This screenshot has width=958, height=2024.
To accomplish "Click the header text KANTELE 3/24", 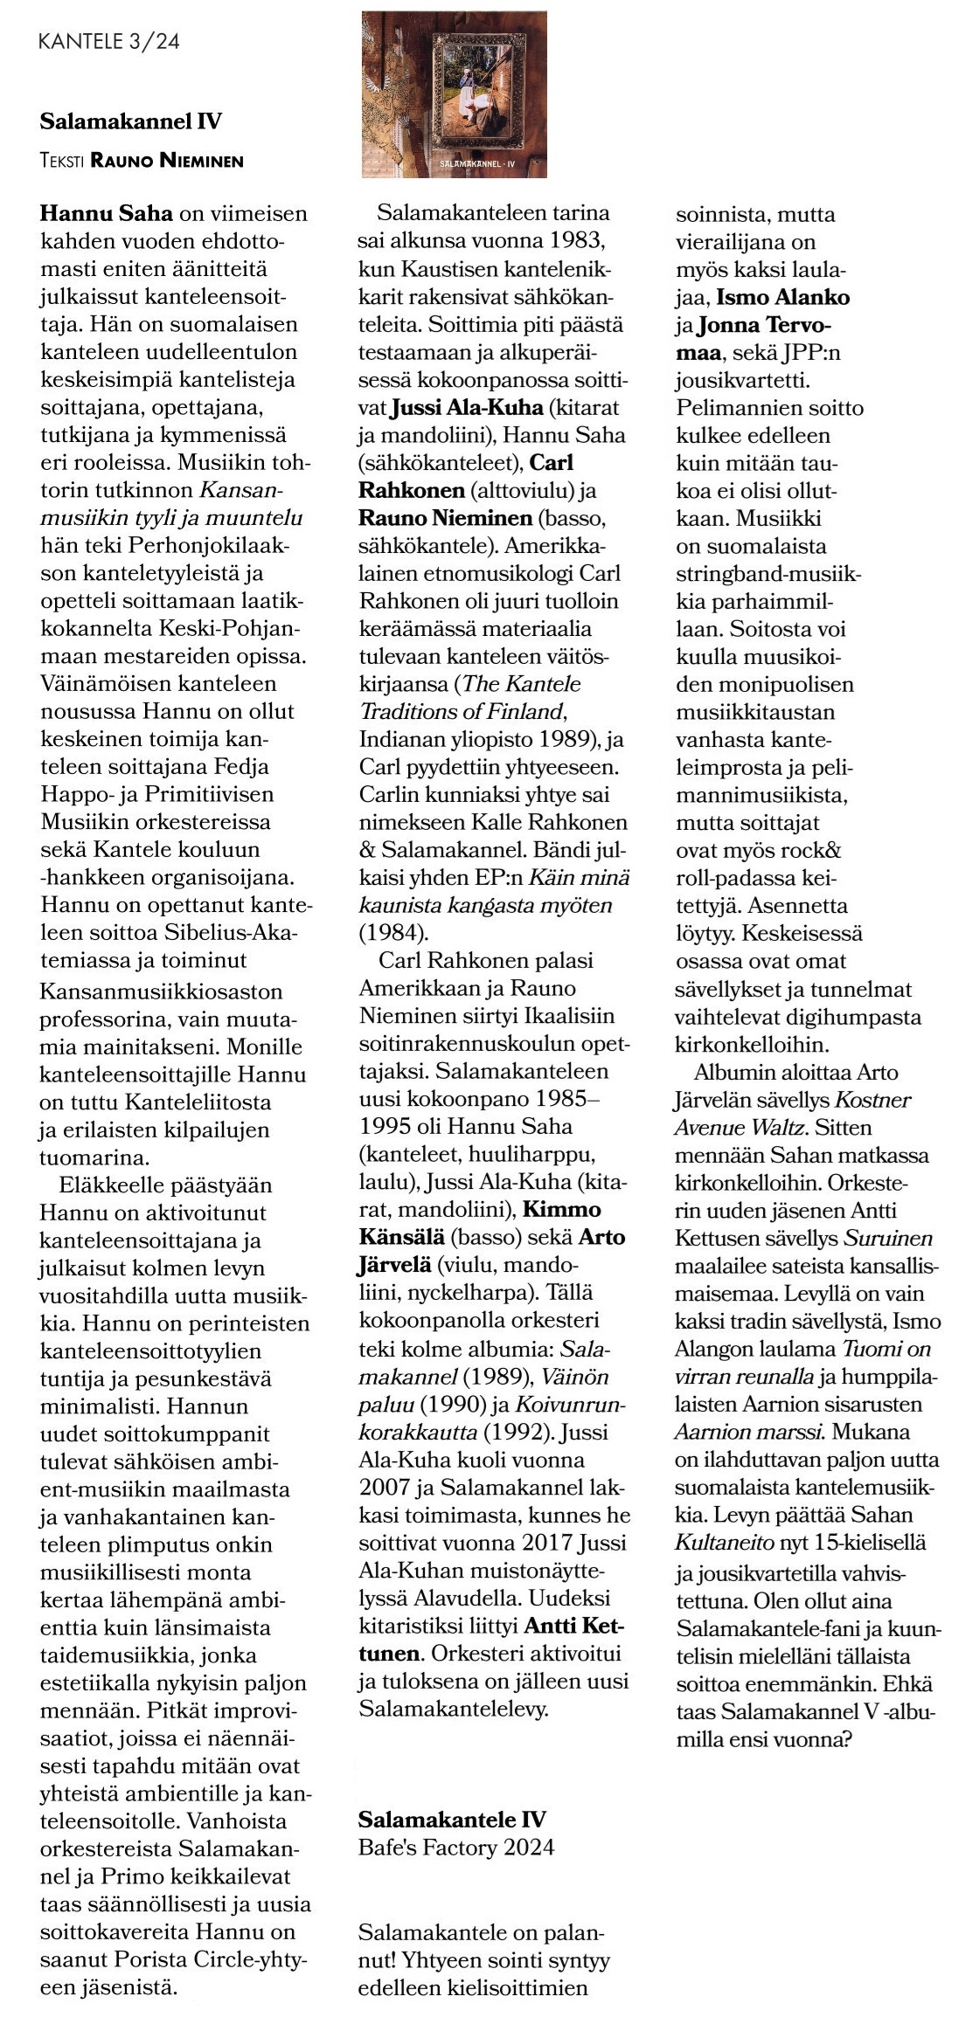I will pos(109,42).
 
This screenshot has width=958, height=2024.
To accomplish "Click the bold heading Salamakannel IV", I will pos(130,121).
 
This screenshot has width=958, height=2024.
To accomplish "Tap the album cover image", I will pos(454,94).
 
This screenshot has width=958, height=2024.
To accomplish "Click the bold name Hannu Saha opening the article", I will pos(107,213).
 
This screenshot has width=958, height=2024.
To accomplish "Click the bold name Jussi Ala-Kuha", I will pos(467,407).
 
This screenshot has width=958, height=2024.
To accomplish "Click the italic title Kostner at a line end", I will pos(873,1100).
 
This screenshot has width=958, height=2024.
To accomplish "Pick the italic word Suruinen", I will pos(887,1238).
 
